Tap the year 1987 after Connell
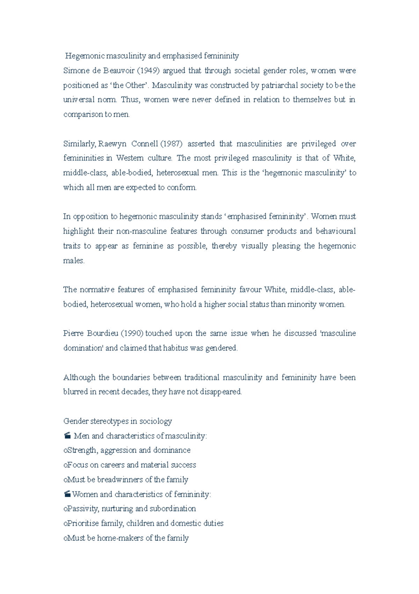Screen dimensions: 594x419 pos(171,144)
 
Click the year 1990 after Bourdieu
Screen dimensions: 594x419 pos(132,333)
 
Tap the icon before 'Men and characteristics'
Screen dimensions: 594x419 pos(68,436)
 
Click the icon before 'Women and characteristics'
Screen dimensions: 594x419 pos(68,494)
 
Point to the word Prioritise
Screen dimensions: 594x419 pos(83,523)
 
